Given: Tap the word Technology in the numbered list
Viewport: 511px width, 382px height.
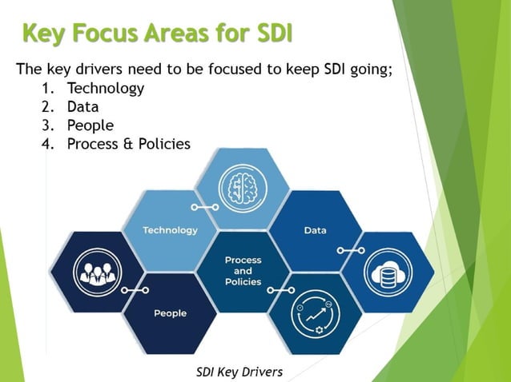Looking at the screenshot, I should pyautogui.click(x=106, y=88).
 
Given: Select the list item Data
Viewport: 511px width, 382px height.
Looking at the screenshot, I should pyautogui.click(x=82, y=106).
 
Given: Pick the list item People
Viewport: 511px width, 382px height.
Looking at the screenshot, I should pyautogui.click(x=91, y=125).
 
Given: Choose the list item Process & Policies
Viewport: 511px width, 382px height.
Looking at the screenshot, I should pyautogui.click(x=129, y=144).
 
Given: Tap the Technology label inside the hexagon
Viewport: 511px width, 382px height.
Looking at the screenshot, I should pyautogui.click(x=170, y=230).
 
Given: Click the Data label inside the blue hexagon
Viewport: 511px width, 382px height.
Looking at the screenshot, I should pyautogui.click(x=315, y=230).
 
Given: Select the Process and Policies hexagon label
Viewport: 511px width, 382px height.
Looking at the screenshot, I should pyautogui.click(x=243, y=271).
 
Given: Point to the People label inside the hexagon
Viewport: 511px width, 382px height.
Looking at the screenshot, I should pyautogui.click(x=170, y=312).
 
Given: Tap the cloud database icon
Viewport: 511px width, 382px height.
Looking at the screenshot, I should pyautogui.click(x=388, y=272).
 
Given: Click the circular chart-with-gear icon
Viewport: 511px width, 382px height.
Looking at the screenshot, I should pyautogui.click(x=316, y=313).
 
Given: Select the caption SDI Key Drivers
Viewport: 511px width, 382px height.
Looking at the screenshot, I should pyautogui.click(x=239, y=371).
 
